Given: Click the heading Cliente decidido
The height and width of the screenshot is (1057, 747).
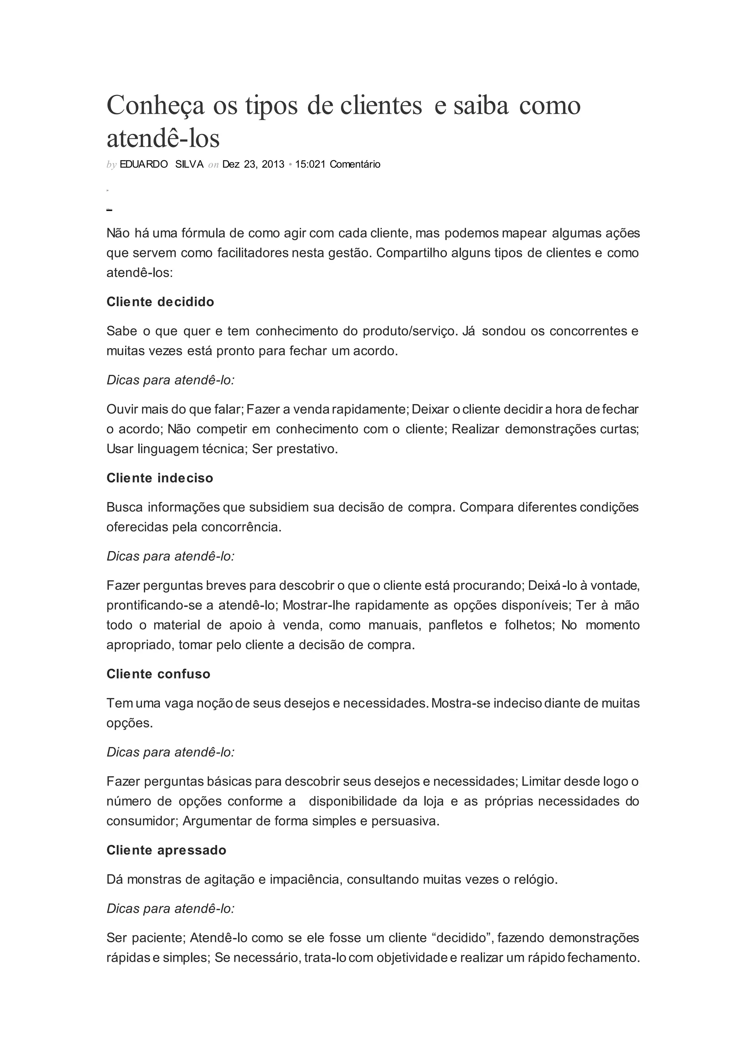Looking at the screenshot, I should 160,302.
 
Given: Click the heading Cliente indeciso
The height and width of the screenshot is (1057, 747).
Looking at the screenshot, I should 160,478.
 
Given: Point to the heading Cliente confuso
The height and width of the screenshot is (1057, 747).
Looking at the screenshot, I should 158,674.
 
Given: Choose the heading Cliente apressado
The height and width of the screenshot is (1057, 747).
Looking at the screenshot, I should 166,850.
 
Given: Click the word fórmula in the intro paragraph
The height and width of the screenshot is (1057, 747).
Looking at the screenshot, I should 203,233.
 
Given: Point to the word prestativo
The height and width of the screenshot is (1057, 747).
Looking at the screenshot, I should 307,449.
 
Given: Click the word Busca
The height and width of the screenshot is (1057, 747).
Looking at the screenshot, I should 124,507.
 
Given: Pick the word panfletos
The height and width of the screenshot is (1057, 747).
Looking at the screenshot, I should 455,625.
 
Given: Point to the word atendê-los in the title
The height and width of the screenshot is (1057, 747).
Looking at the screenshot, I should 163,138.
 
